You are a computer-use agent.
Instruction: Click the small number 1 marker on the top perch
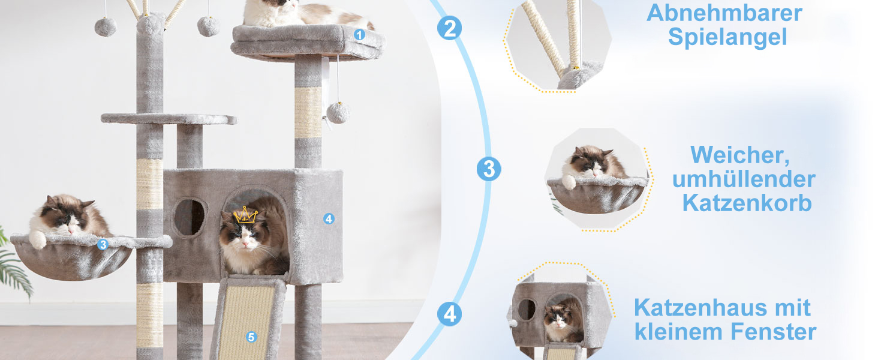click(x=359, y=35)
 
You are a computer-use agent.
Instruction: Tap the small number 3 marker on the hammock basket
click(x=103, y=245)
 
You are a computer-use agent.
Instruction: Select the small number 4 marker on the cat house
click(x=329, y=219)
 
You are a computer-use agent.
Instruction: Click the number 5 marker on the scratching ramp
click(x=251, y=337)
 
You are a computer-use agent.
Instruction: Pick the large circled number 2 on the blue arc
click(x=449, y=28)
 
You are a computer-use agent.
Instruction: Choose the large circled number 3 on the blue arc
click(x=489, y=169)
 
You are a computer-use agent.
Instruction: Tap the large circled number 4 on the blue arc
click(x=450, y=314)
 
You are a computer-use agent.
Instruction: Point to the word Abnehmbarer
click(x=724, y=13)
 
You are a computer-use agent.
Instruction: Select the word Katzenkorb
click(x=747, y=203)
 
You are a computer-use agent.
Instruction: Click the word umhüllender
click(x=744, y=179)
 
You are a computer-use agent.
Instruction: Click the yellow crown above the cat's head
click(x=245, y=215)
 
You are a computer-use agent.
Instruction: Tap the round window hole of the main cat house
click(x=190, y=217)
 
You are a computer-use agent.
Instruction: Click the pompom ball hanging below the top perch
click(x=338, y=113)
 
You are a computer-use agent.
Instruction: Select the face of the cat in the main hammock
click(x=68, y=223)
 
